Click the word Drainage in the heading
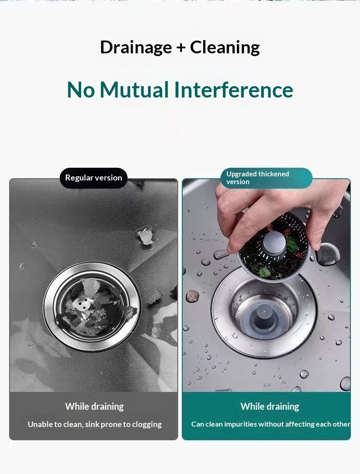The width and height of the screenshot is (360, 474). click(x=136, y=48)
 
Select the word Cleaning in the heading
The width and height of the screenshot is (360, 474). click(x=225, y=47)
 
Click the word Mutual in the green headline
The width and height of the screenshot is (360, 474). click(x=134, y=90)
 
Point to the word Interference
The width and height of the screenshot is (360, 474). click(x=233, y=90)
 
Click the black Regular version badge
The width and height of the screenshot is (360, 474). click(x=94, y=178)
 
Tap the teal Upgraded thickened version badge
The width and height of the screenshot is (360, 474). click(x=266, y=178)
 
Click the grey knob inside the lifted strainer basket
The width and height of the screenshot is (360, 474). click(x=273, y=242)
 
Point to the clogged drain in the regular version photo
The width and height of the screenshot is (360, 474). click(x=92, y=307)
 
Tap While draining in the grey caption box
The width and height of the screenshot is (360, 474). click(x=94, y=407)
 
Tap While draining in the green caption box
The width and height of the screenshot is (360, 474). click(x=270, y=407)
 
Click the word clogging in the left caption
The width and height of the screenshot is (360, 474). click(x=147, y=425)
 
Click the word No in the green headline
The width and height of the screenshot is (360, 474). click(x=81, y=90)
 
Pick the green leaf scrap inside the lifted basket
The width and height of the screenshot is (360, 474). click(x=292, y=243)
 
